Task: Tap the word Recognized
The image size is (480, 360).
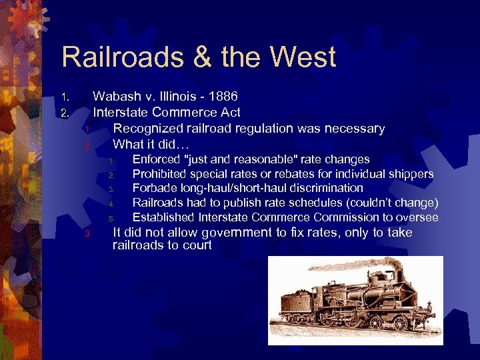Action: (x=146, y=128)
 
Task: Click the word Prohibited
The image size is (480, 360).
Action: (x=159, y=174)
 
